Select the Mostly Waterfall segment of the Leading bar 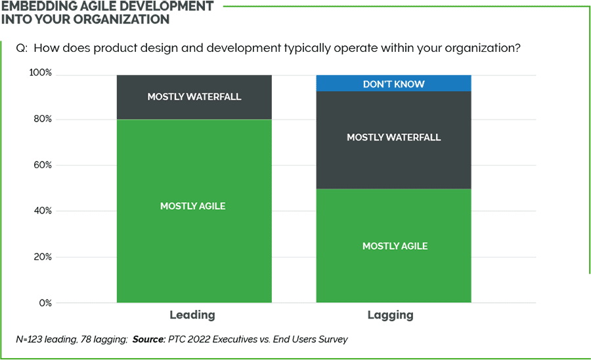point(193,97)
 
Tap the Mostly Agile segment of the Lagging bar point(394,246)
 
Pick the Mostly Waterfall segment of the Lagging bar point(394,138)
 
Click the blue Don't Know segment point(394,84)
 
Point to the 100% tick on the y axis point(40,73)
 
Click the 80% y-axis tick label point(41,120)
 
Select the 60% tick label point(41,165)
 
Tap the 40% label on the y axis point(41,211)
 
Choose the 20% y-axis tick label point(41,257)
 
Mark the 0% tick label point(44,303)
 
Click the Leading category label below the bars point(192,315)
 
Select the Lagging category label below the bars point(391,315)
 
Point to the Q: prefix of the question point(22,48)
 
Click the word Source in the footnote point(149,340)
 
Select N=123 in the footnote point(30,340)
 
